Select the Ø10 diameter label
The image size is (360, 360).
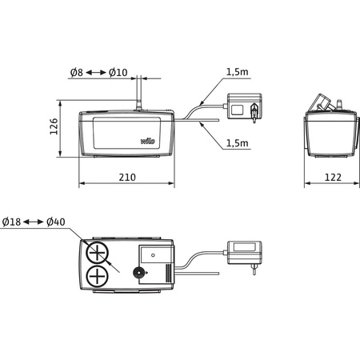click(x=118, y=74)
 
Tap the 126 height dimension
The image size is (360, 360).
click(x=52, y=129)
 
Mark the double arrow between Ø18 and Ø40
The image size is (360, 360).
click(x=36, y=220)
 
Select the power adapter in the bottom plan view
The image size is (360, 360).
click(x=243, y=253)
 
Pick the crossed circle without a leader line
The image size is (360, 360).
click(x=98, y=278)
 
